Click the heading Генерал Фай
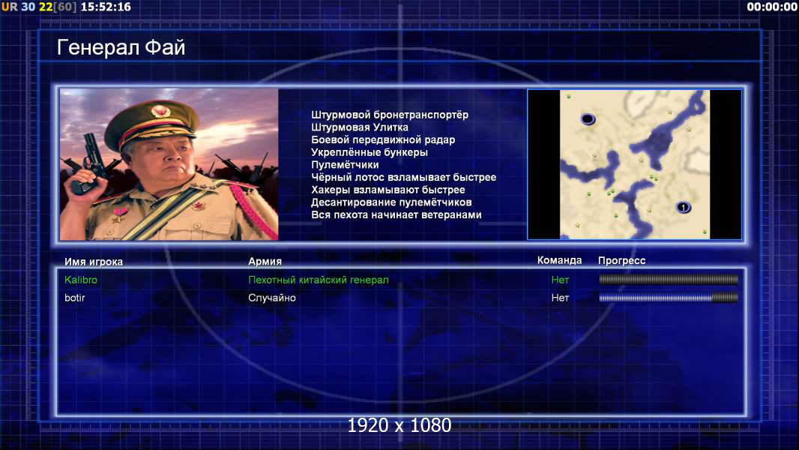121,47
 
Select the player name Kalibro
80,280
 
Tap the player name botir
74,298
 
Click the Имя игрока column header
93,262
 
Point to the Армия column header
265,262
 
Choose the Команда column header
559,260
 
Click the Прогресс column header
621,261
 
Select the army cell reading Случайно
271,298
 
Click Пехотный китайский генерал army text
318,280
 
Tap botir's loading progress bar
669,298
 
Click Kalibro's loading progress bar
669,279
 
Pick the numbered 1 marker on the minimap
684,208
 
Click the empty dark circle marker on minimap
588,119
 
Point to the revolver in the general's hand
91,163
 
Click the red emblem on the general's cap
160,112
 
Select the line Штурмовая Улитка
359,127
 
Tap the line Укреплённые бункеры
369,152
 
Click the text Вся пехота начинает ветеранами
396,215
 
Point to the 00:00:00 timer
771,7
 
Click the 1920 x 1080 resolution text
399,425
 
